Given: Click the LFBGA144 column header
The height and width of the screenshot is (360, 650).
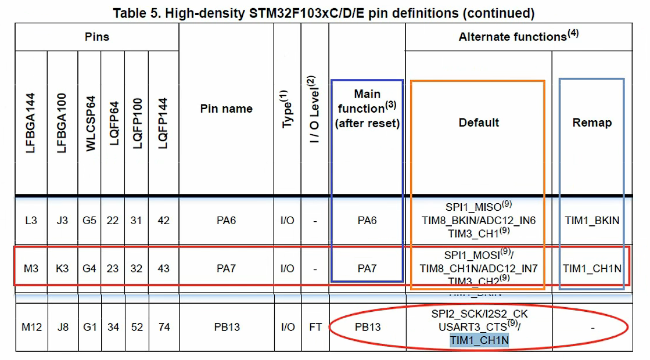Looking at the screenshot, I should tap(31, 123).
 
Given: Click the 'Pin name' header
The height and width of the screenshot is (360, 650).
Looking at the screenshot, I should tap(226, 109).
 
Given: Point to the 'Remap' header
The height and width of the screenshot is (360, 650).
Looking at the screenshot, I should tap(592, 123).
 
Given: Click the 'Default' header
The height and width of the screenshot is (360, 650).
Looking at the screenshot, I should tap(479, 123).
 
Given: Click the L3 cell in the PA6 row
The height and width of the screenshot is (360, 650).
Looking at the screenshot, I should tap(31, 221).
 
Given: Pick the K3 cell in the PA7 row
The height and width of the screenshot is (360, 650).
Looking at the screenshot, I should tap(63, 269).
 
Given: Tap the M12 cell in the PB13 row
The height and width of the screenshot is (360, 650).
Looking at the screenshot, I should tap(32, 327).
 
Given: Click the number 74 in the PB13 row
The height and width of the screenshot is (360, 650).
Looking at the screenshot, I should tap(164, 327).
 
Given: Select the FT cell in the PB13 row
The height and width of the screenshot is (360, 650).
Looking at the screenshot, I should tap(315, 327).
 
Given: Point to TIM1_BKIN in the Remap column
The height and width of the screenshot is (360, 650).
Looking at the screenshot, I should tap(592, 221).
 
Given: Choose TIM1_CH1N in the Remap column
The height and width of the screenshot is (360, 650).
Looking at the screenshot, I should tap(592, 269).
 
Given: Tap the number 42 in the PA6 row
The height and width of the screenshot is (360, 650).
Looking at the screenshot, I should tap(164, 221).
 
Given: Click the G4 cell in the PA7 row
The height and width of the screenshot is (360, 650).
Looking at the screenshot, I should tap(89, 269).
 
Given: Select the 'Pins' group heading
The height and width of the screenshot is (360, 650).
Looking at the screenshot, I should tap(96, 37).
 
